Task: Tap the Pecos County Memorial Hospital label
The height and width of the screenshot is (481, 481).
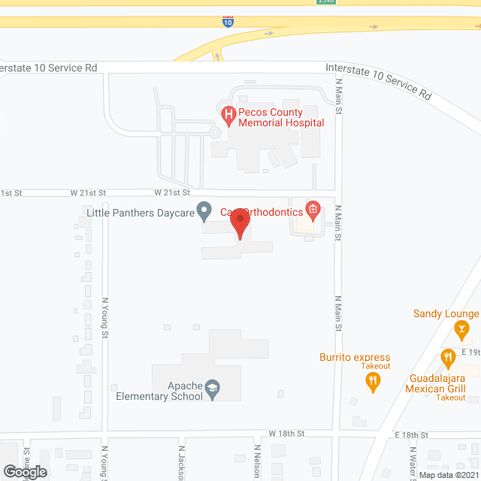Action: [280, 117]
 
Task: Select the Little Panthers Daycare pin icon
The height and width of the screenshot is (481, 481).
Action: [203, 211]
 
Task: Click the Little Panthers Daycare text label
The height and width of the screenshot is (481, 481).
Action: [140, 212]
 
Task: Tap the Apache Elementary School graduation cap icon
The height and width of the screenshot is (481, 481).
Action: [213, 387]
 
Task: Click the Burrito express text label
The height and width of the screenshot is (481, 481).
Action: [355, 358]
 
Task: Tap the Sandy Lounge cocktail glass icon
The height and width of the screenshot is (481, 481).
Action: [462, 328]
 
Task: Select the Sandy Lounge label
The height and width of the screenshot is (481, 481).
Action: [446, 313]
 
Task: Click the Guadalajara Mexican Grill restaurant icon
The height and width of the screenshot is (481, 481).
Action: [448, 358]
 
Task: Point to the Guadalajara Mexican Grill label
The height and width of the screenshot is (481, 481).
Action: [446, 383]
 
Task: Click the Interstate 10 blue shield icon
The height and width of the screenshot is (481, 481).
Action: [228, 23]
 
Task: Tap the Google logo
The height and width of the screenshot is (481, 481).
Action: [25, 471]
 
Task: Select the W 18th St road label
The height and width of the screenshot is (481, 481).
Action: [286, 434]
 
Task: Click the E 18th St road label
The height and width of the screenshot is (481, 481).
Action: [411, 435]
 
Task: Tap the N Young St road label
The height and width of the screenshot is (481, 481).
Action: [105, 317]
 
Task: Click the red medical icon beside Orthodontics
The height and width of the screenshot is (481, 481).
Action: [313, 209]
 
